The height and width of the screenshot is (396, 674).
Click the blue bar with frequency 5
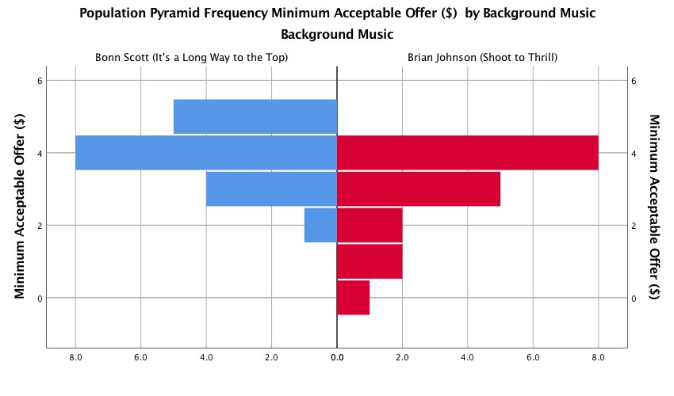[x=255, y=116]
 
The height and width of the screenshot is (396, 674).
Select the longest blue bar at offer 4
[x=206, y=153]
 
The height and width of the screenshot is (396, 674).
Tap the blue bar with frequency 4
[x=271, y=188]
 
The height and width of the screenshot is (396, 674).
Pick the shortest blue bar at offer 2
[x=320, y=225]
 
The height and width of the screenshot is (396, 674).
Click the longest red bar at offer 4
[x=468, y=153]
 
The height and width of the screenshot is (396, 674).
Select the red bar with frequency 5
[x=419, y=188]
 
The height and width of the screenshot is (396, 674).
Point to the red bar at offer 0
[x=354, y=298]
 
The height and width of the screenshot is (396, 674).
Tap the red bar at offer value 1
[x=370, y=261]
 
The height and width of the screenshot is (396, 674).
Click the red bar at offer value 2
[x=370, y=225]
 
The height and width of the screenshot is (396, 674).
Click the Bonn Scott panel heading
[x=191, y=57]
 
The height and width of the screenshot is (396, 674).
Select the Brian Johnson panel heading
[x=482, y=57]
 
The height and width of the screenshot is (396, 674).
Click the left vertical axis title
[x=20, y=206]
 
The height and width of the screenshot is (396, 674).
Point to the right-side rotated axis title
[x=655, y=206]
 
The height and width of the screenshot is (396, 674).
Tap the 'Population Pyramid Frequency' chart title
[x=337, y=13]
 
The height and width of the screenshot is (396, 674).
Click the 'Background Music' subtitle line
[x=337, y=35]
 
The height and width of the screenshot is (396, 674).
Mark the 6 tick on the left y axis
[x=38, y=80]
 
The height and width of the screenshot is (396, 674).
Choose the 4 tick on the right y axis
[x=634, y=153]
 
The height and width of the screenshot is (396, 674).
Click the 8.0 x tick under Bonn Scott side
[x=76, y=358]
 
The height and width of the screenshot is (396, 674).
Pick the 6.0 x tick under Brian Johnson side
[x=533, y=358]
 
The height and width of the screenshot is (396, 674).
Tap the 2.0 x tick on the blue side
[x=272, y=358]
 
